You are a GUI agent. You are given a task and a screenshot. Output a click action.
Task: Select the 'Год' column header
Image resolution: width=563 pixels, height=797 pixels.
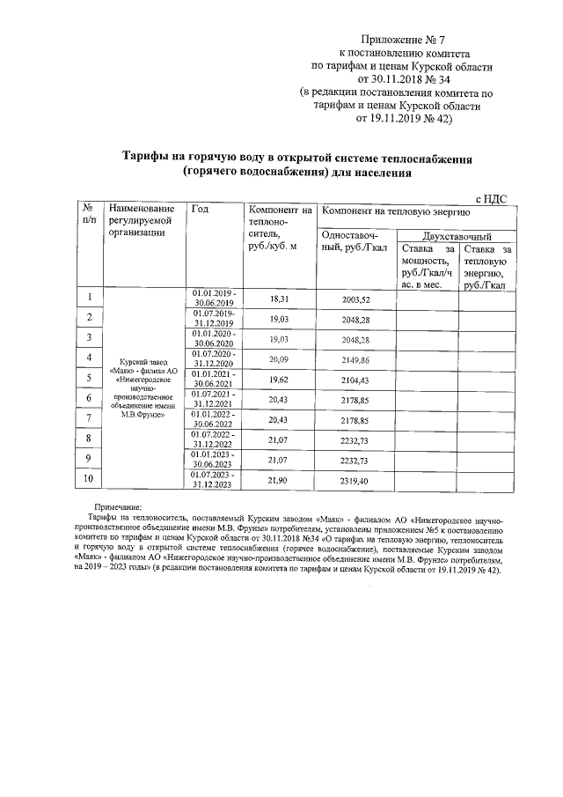200,210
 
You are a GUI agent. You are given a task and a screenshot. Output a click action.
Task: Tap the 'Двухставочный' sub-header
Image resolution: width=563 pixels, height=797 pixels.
457,237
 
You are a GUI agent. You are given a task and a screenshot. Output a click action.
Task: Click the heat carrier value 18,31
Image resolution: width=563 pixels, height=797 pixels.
279,299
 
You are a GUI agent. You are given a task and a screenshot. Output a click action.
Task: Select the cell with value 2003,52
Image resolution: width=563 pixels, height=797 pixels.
356,299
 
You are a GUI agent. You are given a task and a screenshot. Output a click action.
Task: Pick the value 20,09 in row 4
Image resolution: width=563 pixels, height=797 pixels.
279,359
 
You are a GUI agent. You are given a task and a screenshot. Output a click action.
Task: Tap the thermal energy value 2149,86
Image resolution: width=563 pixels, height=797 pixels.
356,359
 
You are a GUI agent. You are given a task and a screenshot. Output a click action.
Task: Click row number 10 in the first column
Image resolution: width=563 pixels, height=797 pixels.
89,478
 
